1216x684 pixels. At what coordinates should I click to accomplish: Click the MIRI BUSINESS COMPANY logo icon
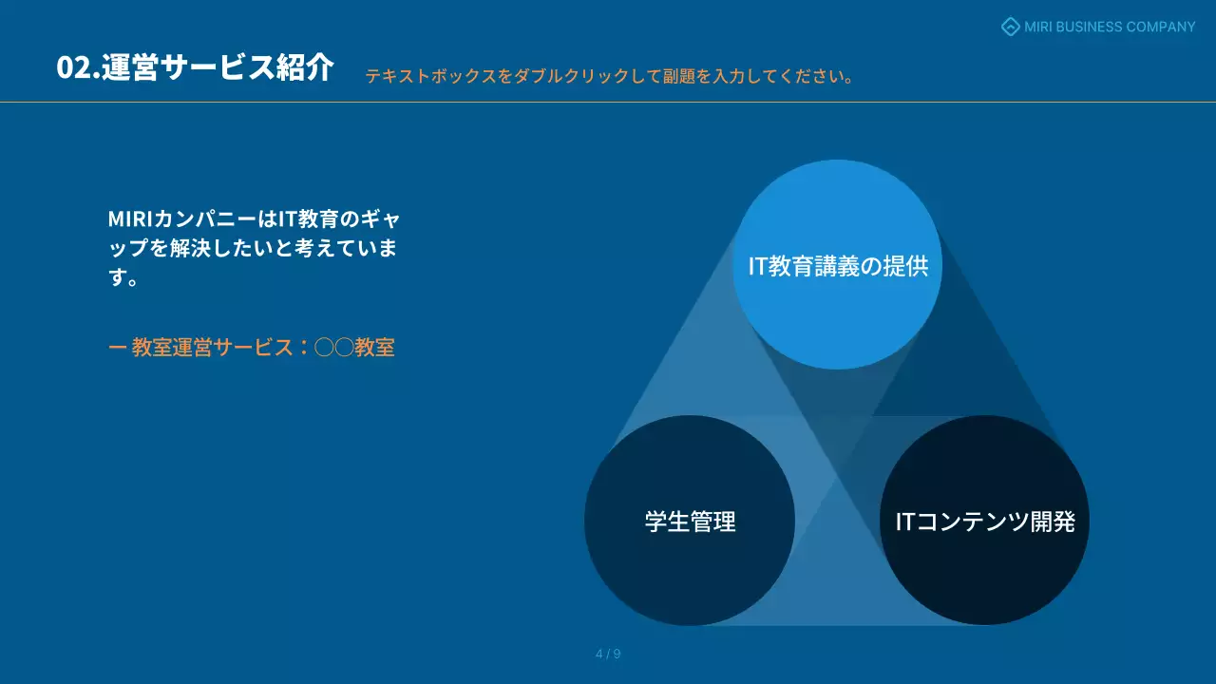(x=1011, y=27)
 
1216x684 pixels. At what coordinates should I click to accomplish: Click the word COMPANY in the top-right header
(x=1160, y=27)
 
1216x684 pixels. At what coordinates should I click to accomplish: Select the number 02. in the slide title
(x=78, y=68)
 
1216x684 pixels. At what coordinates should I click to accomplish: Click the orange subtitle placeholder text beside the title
(x=608, y=76)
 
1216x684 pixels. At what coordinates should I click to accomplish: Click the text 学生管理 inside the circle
(x=690, y=522)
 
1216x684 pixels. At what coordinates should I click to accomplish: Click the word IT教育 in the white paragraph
(x=307, y=219)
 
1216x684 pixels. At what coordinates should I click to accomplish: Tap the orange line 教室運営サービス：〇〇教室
(x=252, y=348)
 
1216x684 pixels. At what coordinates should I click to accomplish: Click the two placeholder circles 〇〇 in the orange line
(x=333, y=348)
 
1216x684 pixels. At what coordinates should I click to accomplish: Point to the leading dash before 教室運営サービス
(x=117, y=348)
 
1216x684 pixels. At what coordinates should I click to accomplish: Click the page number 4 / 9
(x=608, y=654)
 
